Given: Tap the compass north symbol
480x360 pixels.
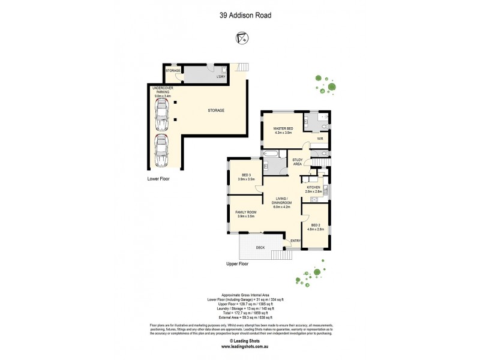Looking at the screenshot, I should coord(240,39).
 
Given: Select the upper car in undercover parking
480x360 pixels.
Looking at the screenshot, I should coord(161,115).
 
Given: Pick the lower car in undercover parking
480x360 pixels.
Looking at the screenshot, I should coord(161,150).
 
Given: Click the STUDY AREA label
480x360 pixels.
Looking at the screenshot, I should coord(297,161).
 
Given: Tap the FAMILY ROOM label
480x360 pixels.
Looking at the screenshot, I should coord(246,214).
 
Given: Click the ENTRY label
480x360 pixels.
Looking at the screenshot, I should coord(295,241).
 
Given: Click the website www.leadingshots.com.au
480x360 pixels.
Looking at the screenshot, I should coord(240,347).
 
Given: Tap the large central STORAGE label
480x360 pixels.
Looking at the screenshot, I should coord(216,110).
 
